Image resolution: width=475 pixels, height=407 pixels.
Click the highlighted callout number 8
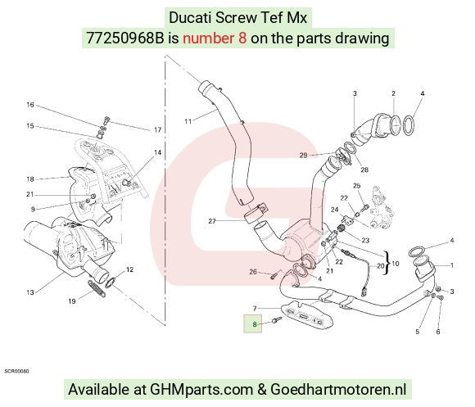(x=255, y=324)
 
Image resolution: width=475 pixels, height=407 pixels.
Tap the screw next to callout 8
(x=277, y=319)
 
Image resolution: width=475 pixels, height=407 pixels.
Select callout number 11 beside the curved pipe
(x=188, y=121)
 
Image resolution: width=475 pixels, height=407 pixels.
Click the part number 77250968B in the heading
(x=124, y=38)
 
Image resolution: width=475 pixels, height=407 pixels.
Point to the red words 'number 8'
(x=215, y=38)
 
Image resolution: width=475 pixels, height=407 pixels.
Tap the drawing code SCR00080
(x=16, y=371)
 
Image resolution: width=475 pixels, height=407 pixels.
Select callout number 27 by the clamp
(x=212, y=221)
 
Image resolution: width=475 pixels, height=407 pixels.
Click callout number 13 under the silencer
(x=30, y=292)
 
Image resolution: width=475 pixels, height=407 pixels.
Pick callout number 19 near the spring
(x=71, y=301)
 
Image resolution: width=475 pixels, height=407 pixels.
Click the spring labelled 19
(x=96, y=288)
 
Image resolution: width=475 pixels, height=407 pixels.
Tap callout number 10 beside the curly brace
(x=396, y=264)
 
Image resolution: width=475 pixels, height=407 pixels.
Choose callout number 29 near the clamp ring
(x=303, y=155)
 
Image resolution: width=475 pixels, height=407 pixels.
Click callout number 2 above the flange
(x=393, y=93)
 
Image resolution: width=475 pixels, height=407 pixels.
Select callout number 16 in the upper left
(x=30, y=105)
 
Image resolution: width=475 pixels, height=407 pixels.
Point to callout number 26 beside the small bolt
(x=253, y=272)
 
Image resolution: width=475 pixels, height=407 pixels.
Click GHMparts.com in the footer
(x=201, y=389)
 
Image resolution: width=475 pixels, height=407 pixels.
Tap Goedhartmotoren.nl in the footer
(x=338, y=389)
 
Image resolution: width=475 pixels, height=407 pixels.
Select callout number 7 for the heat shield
(x=255, y=308)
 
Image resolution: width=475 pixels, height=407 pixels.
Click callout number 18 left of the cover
(x=30, y=179)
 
